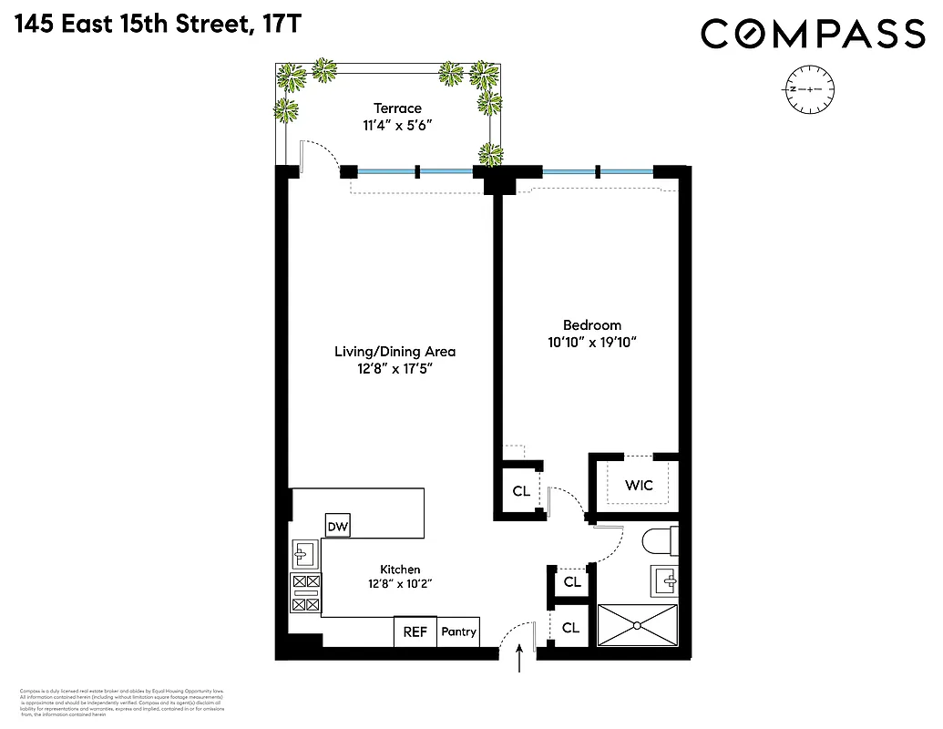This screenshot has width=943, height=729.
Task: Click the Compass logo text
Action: click(812, 35)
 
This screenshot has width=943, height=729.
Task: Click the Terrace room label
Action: click(396, 108)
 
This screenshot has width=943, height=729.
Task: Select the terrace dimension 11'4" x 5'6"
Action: click(396, 126)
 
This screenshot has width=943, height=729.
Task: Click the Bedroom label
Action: click(592, 325)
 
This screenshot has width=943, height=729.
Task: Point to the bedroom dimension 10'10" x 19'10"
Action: click(592, 343)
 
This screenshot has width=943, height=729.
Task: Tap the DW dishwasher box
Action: click(339, 526)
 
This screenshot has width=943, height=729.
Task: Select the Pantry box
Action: click(458, 631)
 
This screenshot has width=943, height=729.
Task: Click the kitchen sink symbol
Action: click(304, 553)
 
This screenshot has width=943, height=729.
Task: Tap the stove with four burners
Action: click(305, 591)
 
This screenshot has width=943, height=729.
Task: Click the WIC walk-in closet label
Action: click(639, 485)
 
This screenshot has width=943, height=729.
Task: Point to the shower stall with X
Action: click(637, 626)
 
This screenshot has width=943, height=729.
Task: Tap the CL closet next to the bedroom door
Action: click(521, 491)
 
